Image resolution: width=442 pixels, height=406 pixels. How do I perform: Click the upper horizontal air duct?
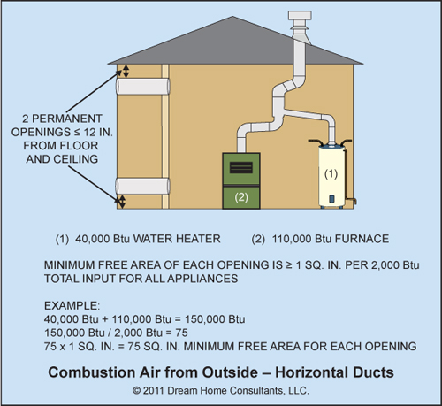click(143, 86)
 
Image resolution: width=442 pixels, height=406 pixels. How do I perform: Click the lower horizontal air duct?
click(143, 186)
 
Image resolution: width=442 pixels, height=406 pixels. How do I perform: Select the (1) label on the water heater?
click(331, 173)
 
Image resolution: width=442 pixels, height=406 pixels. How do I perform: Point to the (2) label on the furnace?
click(241, 197)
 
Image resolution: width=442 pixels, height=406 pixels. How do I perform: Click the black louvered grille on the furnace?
click(241, 168)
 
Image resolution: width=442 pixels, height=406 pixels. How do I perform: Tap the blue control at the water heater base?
click(331, 199)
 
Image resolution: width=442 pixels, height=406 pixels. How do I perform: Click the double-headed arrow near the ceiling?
click(126, 72)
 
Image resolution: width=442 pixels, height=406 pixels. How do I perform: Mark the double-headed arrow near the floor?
click(122, 202)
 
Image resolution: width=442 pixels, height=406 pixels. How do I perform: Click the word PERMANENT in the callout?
click(67, 119)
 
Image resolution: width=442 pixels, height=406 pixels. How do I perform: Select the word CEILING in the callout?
click(76, 159)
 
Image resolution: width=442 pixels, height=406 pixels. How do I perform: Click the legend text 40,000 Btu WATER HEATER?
click(148, 239)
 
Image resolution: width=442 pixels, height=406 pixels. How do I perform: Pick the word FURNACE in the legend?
click(362, 239)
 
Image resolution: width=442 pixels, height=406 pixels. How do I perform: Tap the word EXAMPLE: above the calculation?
click(72, 305)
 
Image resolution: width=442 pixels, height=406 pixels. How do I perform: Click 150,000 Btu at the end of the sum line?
click(215, 319)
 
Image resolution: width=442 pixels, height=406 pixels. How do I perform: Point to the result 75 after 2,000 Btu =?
click(181, 333)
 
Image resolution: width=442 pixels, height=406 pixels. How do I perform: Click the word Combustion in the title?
click(92, 372)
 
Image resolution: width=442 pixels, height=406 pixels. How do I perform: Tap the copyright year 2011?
click(154, 390)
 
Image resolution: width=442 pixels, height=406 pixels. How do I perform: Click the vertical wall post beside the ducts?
click(165, 136)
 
